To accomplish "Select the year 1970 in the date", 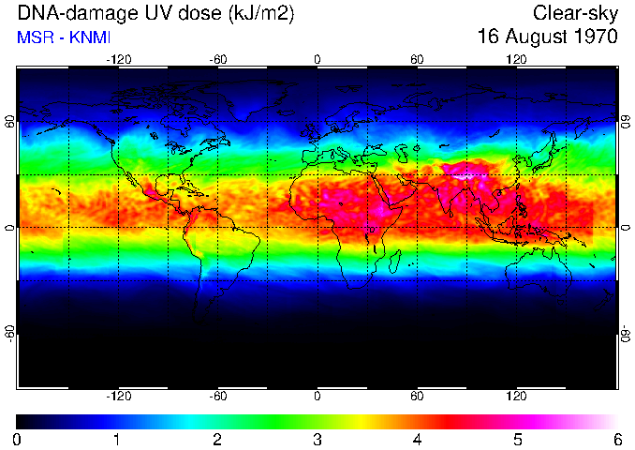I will click(595, 37).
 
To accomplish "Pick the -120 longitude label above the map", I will click(118, 59).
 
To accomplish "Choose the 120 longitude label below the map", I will click(516, 397).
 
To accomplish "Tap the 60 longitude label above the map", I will click(417, 59).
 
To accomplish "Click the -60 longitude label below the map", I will click(217, 397).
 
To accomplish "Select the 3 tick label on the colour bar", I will click(317, 439).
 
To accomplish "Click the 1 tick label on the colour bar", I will click(117, 439).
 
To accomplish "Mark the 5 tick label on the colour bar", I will click(517, 439).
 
